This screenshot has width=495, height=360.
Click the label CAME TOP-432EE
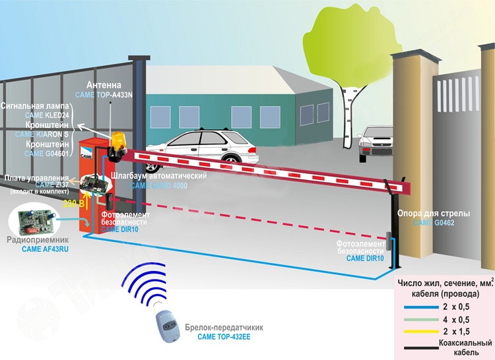225,337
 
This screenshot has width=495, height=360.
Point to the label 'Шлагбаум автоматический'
160,177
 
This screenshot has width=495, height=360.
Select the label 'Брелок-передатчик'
225,328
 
